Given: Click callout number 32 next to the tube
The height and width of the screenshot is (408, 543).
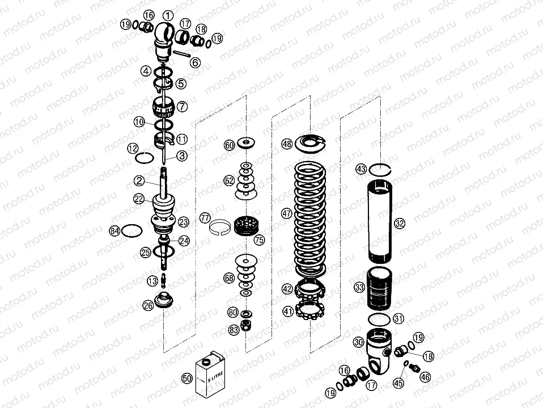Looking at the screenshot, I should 400,224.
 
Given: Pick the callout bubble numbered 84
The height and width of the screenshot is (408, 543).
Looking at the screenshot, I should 115,230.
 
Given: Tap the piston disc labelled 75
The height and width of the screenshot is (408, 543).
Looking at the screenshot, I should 246,226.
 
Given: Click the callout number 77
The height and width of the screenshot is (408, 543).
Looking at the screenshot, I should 205,218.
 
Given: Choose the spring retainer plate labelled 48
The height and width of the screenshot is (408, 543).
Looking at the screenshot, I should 310,144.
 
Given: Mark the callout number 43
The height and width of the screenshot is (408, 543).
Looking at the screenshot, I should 360,169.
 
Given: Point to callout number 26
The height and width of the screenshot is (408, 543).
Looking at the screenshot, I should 148,305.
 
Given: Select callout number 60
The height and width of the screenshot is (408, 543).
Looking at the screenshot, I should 229,145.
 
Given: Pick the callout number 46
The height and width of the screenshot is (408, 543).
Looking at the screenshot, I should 425,376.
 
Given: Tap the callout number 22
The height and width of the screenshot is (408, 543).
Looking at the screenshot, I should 138,198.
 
